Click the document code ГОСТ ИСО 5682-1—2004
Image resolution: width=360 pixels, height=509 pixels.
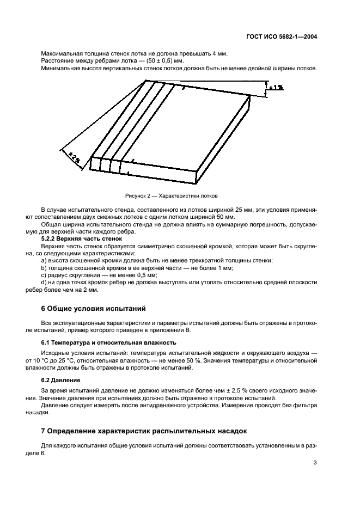pyautogui.click(x=283, y=38)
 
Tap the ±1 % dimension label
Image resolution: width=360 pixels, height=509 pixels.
pyautogui.click(x=276, y=87)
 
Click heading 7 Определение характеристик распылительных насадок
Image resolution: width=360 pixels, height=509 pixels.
pyautogui.click(x=144, y=431)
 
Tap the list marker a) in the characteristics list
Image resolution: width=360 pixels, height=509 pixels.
pyautogui.click(x=44, y=261)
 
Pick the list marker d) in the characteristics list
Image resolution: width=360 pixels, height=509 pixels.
pyautogui.click(x=44, y=283)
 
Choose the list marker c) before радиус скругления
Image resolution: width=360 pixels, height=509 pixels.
pyautogui.click(x=44, y=275)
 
